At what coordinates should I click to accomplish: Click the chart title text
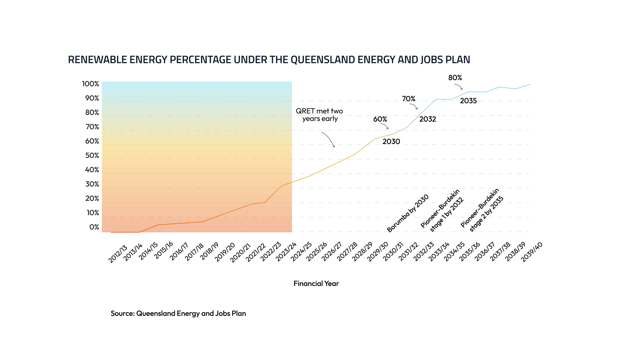[x=269, y=60]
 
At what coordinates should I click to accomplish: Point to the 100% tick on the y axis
[x=90, y=84]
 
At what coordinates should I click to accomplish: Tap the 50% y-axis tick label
[x=92, y=156]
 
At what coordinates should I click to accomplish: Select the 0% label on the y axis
[x=94, y=227]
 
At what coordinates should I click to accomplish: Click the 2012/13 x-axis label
[x=117, y=254]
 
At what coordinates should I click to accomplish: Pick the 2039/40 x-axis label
[x=532, y=252]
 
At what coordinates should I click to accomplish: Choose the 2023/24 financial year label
[x=286, y=252]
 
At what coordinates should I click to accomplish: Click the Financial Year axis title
[x=316, y=284]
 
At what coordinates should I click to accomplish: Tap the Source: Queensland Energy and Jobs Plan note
[x=178, y=313]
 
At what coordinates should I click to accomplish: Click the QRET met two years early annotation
[x=319, y=115]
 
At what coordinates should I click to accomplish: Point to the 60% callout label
[x=380, y=119]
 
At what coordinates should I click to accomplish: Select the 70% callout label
[x=408, y=99]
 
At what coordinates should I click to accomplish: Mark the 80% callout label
[x=455, y=78]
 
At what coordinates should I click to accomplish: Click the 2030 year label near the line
[x=391, y=142]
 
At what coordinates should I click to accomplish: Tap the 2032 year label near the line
[x=427, y=119]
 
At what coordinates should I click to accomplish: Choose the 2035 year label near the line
[x=468, y=101]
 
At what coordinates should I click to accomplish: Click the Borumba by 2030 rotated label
[x=408, y=213]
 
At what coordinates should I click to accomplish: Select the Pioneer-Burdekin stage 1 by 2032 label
[x=442, y=211]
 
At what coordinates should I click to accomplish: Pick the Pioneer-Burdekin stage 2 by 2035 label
[x=482, y=210]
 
